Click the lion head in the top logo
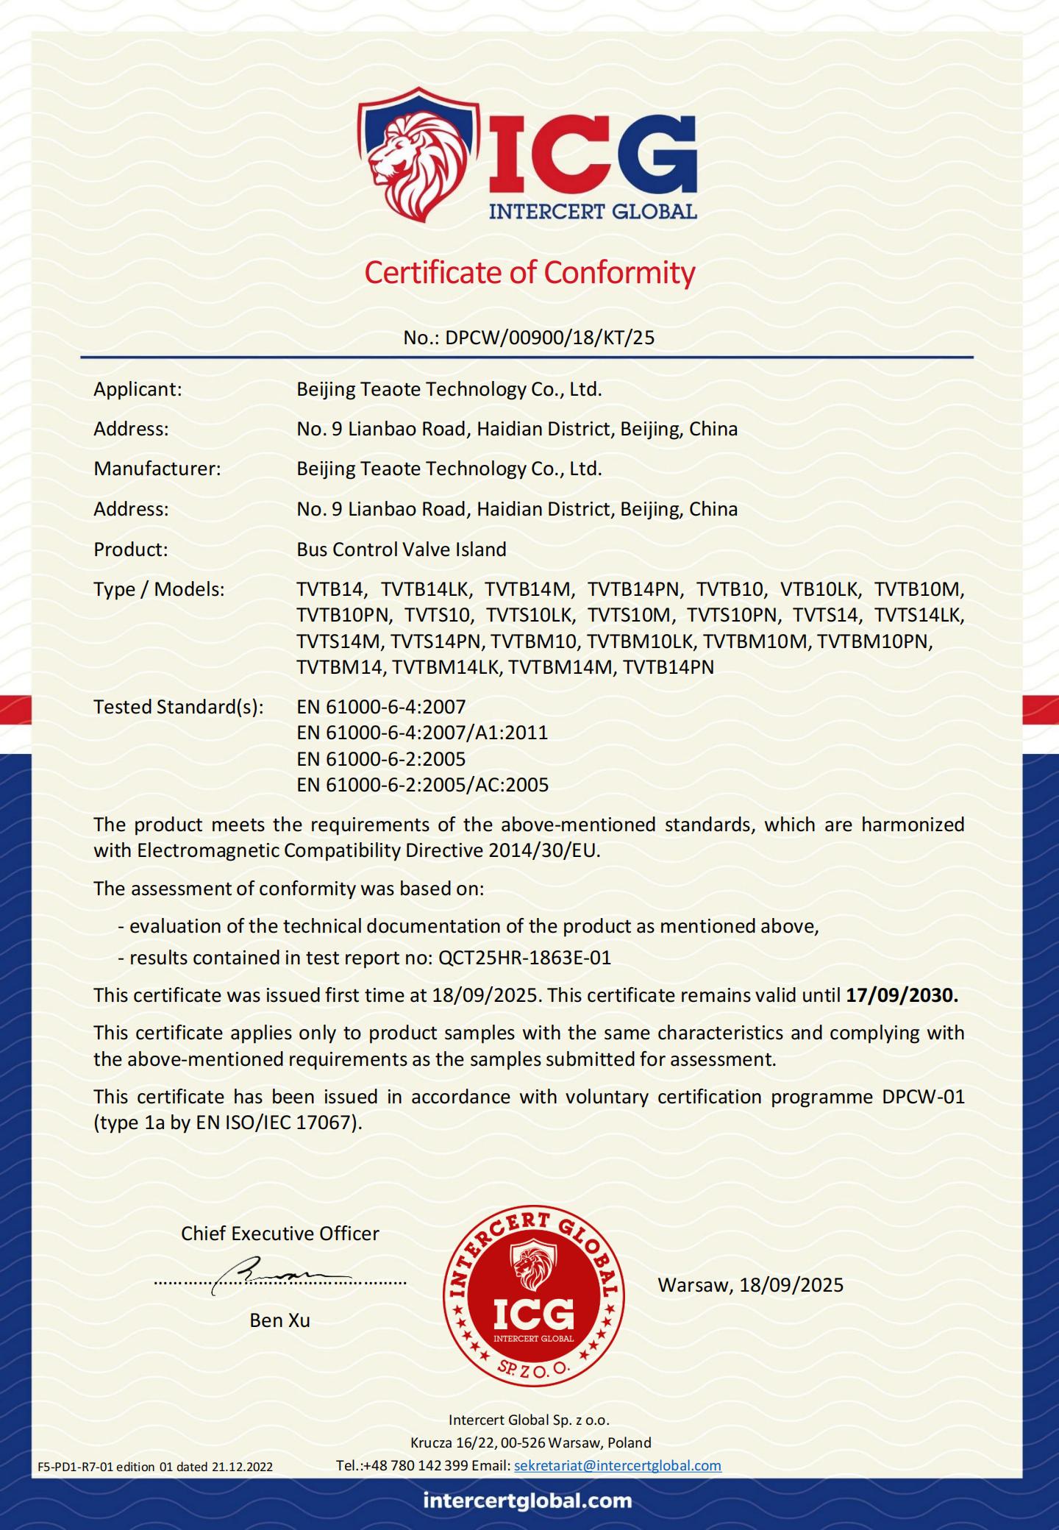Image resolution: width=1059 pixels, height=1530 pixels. point(413,156)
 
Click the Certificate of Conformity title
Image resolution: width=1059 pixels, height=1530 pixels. point(529,272)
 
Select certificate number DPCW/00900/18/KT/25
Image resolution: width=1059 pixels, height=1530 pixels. point(549,338)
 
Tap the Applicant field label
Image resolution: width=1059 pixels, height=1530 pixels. point(138,389)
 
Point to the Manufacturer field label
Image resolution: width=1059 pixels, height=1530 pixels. point(157,469)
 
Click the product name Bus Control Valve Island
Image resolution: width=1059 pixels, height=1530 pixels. point(402,549)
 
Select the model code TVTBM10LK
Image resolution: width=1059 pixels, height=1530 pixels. point(640,641)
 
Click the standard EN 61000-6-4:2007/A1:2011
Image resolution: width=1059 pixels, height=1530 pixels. point(422,733)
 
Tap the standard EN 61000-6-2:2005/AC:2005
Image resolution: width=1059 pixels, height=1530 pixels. point(422,785)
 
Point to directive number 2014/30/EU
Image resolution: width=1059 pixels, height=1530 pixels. point(543,850)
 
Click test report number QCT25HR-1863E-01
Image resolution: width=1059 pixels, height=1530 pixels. point(524,958)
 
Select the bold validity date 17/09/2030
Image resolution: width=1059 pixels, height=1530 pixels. point(902,995)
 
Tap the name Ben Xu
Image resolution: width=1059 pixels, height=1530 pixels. point(279,1320)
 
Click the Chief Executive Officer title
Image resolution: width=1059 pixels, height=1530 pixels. point(279,1234)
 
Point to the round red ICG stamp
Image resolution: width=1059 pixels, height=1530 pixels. point(533,1296)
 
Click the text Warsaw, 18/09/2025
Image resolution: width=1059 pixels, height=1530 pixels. point(750,1285)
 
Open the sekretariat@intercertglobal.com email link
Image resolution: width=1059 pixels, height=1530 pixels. point(617,1465)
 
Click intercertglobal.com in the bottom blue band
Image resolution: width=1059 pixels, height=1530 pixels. point(527,1500)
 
